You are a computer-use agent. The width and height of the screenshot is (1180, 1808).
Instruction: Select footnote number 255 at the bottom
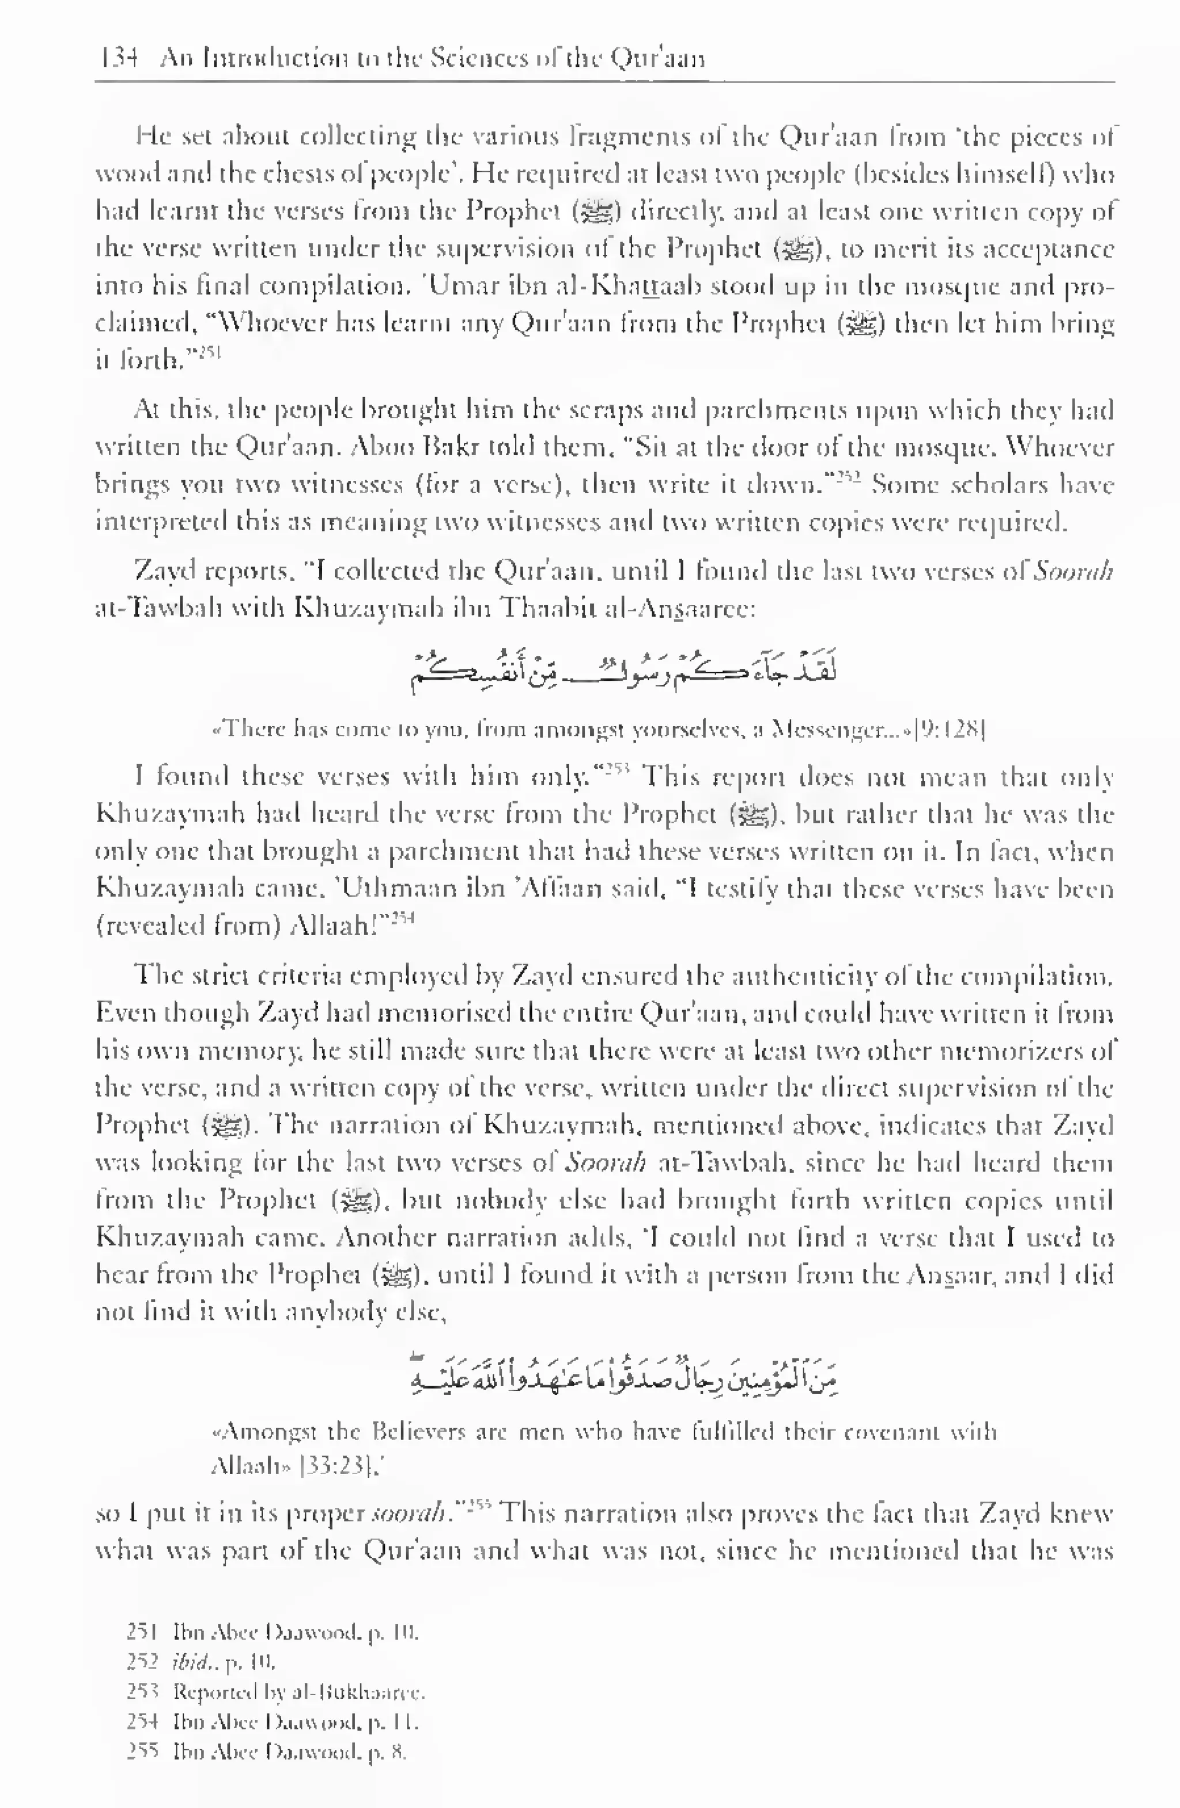click(142, 1753)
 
